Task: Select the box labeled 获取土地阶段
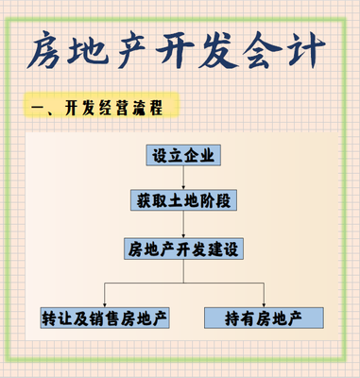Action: point(185,201)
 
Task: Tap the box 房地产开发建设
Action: point(185,249)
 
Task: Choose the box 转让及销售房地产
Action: point(105,317)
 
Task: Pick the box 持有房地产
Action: point(265,317)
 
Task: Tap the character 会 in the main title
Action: point(282,51)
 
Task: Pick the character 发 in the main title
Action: point(235,51)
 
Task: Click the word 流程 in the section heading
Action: point(146,107)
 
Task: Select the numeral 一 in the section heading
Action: point(40,108)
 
